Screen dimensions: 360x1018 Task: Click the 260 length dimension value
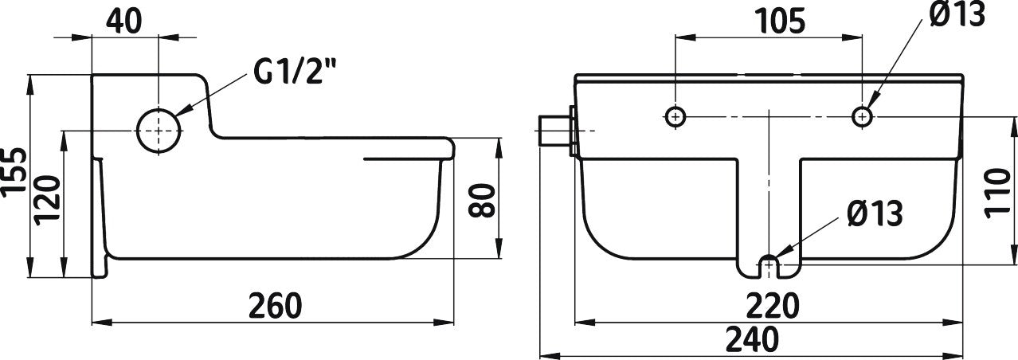point(275,305)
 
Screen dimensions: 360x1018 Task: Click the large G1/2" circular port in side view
point(159,130)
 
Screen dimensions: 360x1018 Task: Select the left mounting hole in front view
point(675,116)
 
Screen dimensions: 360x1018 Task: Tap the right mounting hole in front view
point(861,116)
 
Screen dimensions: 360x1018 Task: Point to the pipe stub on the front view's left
point(555,130)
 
